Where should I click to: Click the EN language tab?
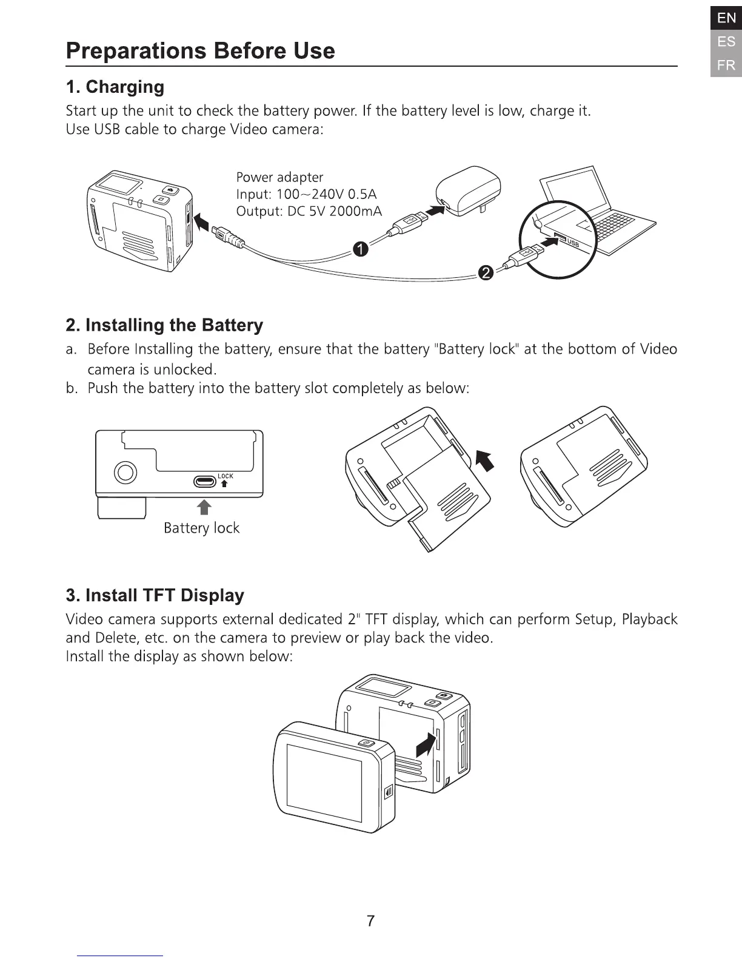point(726,18)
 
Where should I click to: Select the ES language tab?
point(726,42)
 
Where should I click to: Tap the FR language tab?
point(726,65)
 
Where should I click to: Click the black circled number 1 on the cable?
point(360,249)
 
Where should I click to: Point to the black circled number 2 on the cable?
point(485,274)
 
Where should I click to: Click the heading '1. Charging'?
point(115,87)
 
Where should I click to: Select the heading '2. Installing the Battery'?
point(164,325)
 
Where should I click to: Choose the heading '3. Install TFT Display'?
point(155,595)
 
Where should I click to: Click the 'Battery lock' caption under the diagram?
point(201,528)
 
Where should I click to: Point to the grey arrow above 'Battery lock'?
point(205,507)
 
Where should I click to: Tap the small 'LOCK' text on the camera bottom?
point(225,476)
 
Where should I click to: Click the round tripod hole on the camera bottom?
point(125,472)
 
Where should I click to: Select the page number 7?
point(371,921)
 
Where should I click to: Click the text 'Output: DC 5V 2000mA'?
point(309,212)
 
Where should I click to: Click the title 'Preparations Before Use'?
point(200,50)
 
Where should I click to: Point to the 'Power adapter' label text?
point(279,177)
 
